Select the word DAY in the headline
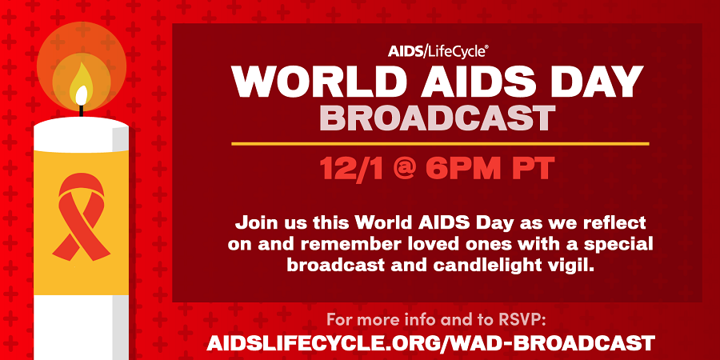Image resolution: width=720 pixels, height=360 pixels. tap(601, 81)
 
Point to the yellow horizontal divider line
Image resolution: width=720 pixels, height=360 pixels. tap(440, 144)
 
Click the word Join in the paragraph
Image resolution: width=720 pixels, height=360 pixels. tap(254, 224)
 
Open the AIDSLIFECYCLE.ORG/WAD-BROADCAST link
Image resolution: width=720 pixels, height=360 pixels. tap(430, 343)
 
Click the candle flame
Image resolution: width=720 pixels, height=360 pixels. tap(82, 85)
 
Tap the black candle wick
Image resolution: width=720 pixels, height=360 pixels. tap(82, 110)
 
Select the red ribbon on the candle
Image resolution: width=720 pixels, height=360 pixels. tap(82, 217)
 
